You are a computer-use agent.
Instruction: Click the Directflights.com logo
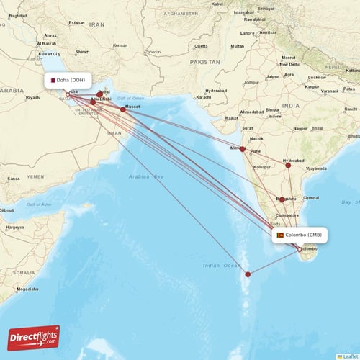coord(34,337)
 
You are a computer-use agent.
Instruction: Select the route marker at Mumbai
coord(243,150)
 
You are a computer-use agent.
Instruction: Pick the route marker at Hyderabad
coord(288,166)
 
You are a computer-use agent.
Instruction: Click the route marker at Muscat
coord(123,109)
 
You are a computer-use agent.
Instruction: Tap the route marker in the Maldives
coord(248,274)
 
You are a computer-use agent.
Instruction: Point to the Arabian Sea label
coord(148,176)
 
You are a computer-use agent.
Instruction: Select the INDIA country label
coord(291,105)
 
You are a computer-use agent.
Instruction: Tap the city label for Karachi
coord(202,96)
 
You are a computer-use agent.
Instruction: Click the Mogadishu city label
coord(28,289)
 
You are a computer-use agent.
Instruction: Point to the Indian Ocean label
coord(221,266)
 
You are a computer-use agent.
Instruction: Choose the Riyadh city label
coord(32,97)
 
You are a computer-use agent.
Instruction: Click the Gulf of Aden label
coord(39,204)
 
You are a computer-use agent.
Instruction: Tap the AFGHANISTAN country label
coord(180,14)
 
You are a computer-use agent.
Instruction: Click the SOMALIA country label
coord(24,273)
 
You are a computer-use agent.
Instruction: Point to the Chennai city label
coord(311,197)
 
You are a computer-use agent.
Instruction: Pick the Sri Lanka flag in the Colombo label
coord(280,235)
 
